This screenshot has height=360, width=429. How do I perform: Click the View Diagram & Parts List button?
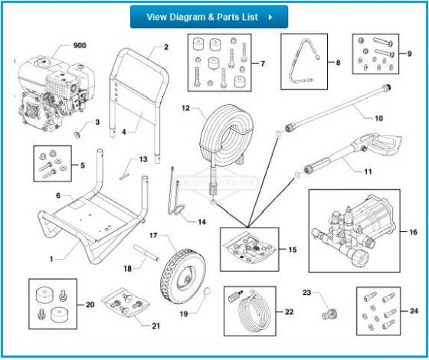(208, 17)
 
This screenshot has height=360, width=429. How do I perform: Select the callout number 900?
(80, 45)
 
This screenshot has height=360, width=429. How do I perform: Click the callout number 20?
(90, 305)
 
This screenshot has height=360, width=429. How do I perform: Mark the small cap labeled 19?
(207, 291)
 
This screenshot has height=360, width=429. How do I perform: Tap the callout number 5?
(83, 164)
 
